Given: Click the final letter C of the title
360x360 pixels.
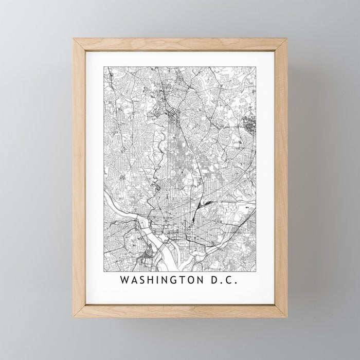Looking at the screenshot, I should tap(235, 281).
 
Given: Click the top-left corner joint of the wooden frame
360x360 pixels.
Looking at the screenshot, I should tap(75, 39).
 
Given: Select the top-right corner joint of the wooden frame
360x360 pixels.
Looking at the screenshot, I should tap(286, 39).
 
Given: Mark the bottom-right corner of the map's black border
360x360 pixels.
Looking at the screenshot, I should tap(256, 272).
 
